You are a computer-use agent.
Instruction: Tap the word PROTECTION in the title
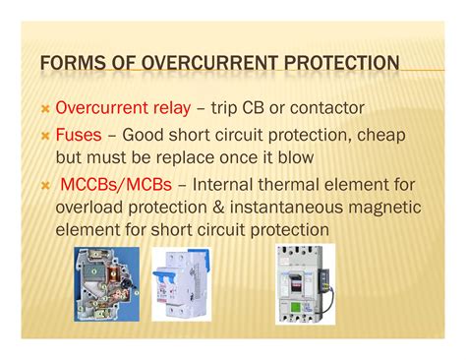point(339,66)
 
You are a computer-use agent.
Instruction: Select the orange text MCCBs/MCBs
point(112,184)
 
